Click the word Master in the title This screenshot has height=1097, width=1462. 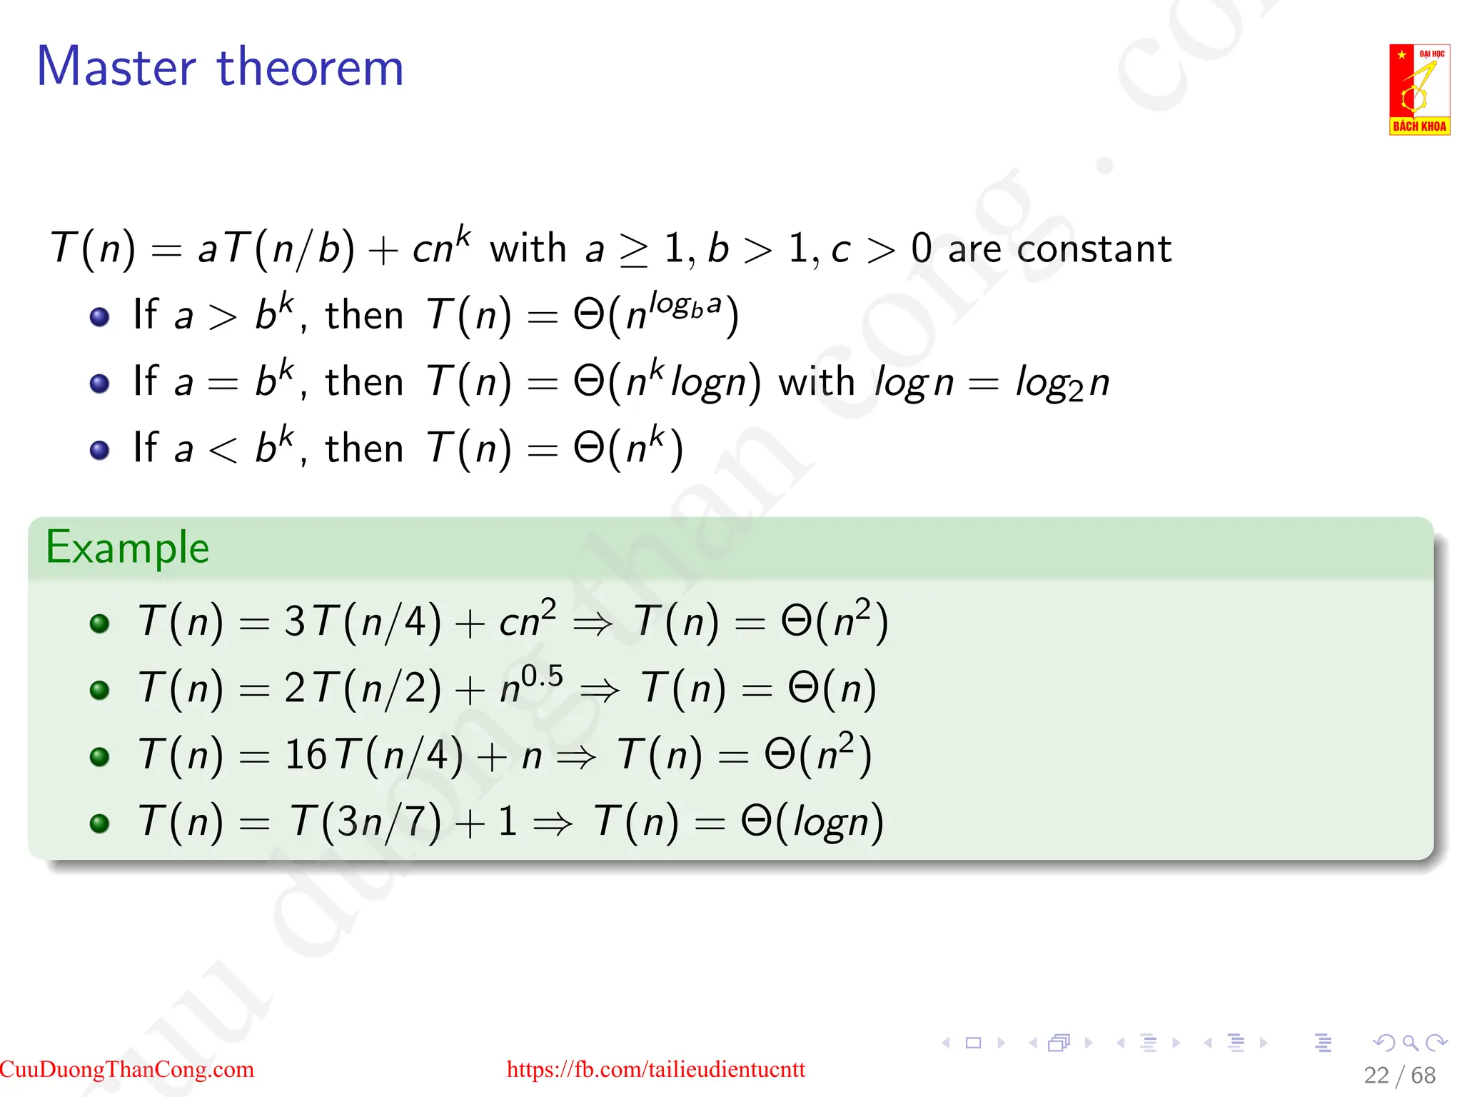point(116,67)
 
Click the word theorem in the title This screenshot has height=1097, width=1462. point(310,67)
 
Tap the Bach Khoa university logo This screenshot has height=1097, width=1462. point(1418,89)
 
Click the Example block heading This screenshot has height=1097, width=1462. point(127,548)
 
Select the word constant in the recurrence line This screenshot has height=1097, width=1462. point(1094,249)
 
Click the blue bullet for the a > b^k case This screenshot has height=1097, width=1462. point(100,316)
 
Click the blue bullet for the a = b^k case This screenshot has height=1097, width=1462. point(100,384)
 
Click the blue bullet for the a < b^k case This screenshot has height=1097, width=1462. point(100,450)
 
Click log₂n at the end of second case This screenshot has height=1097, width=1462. point(1062,383)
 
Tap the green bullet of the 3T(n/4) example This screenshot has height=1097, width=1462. point(100,623)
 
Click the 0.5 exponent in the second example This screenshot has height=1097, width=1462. point(542,676)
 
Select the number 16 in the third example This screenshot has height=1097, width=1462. point(306,754)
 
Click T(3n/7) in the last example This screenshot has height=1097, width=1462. point(365,821)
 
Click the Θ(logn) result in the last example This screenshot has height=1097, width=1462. point(812,821)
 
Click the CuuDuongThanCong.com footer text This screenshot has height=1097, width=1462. point(127,1069)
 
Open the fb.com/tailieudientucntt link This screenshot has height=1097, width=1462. point(655,1069)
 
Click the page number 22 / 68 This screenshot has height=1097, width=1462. point(1399,1075)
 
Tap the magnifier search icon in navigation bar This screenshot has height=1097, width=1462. point(1410,1043)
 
